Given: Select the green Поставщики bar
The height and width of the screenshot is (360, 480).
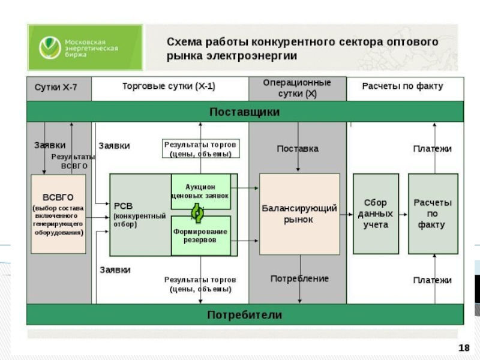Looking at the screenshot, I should (244, 112).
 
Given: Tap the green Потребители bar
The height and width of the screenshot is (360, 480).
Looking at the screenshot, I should (244, 314).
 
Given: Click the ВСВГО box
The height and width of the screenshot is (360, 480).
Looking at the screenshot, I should (58, 214).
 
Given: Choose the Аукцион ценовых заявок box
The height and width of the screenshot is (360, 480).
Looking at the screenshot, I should (200, 191).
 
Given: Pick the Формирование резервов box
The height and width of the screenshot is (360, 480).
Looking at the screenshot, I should (200, 236).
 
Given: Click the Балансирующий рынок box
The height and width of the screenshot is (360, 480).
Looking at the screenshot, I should (299, 214).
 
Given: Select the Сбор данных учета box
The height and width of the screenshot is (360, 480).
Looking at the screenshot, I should (376, 214).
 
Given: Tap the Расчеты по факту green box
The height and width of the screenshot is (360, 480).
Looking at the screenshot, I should (433, 214).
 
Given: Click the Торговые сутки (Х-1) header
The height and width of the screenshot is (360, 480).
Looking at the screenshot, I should (169, 86).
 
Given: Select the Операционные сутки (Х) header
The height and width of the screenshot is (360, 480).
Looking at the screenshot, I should (297, 88).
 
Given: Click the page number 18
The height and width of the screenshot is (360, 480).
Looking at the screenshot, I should (463, 348).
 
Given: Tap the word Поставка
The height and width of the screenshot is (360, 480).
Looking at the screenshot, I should (298, 148).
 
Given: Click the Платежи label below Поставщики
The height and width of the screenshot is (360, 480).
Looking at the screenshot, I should (432, 148).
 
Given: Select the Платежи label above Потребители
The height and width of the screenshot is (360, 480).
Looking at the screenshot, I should (432, 280).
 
